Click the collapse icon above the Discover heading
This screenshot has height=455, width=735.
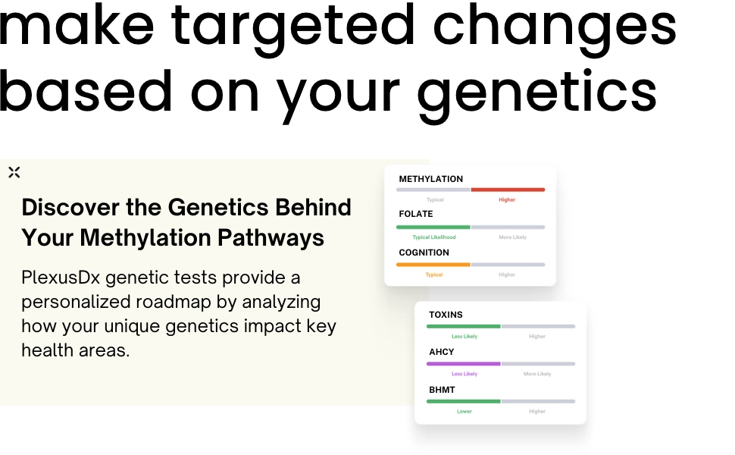pos(14,172)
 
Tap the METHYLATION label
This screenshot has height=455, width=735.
pos(430,179)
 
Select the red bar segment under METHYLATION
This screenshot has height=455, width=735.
pos(508,190)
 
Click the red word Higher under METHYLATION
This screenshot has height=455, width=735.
pos(507,200)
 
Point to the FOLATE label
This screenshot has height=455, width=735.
pos(416,214)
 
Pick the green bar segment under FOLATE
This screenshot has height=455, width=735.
pos(433,227)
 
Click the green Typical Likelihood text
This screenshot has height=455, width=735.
pos(433,237)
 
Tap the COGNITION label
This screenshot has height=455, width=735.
pos(424,253)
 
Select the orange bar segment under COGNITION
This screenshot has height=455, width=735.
pos(433,265)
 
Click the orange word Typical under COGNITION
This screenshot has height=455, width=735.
pos(433,275)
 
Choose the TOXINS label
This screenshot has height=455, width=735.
pos(446,315)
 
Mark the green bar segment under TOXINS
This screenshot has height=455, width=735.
pos(464,326)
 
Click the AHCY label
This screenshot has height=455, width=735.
pos(442,352)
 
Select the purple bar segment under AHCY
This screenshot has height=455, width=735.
pos(464,364)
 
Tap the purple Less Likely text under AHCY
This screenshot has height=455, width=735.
pos(464,374)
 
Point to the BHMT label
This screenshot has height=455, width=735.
pos(443,390)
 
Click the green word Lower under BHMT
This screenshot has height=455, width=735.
pos(464,412)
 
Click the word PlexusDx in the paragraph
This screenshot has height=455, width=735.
pos(60,278)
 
